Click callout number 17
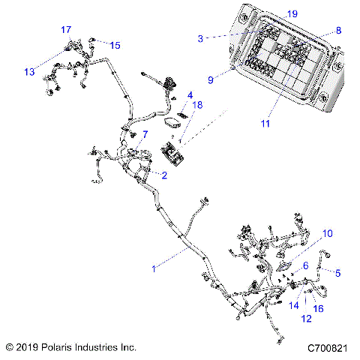click(x=67, y=29)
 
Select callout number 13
click(x=29, y=72)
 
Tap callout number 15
click(x=115, y=45)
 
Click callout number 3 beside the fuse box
click(x=201, y=37)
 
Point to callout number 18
click(x=198, y=106)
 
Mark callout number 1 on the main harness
click(x=154, y=268)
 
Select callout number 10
click(x=326, y=233)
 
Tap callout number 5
click(x=337, y=273)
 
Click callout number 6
click(x=305, y=266)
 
